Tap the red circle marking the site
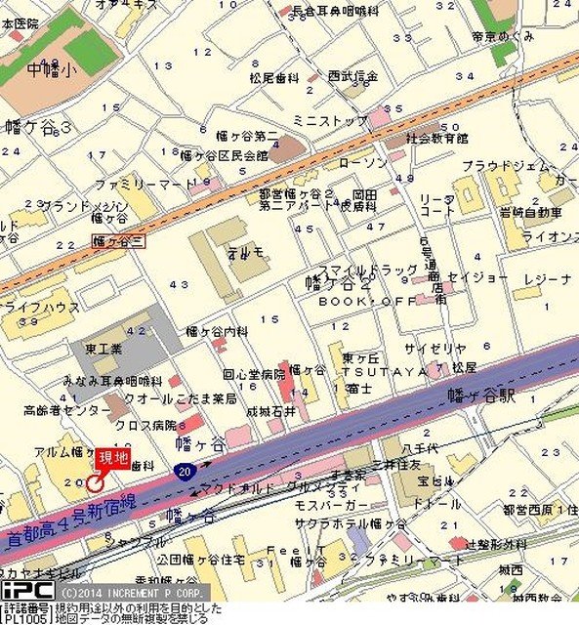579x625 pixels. click(95, 481)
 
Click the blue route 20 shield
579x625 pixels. click(185, 471)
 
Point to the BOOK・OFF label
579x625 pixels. click(353, 303)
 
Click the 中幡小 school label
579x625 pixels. click(49, 69)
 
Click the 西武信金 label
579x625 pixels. click(352, 75)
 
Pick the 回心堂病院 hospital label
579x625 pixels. click(253, 374)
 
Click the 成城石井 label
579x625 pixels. click(269, 412)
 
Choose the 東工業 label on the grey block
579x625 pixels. click(102, 349)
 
